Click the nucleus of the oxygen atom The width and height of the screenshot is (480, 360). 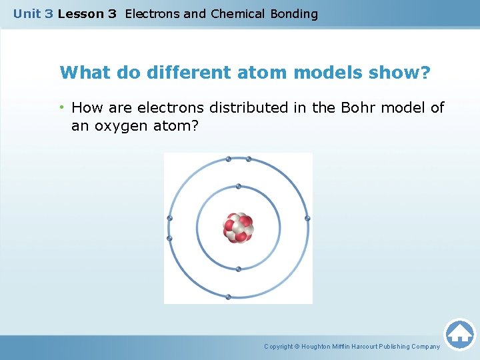238,227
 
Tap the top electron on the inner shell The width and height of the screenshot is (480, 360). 238,186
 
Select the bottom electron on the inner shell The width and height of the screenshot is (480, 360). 238,269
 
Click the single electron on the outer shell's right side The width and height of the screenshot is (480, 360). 307,218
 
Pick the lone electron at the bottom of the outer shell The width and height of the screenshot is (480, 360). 229,297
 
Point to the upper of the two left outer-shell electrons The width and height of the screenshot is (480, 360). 169,218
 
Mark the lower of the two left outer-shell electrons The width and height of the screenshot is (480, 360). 169,238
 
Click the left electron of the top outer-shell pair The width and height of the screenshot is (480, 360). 229,159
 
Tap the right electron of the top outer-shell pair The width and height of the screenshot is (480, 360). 249,159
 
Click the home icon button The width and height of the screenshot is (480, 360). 459,333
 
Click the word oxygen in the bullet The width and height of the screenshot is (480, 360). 117,125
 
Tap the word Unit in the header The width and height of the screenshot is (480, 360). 27,13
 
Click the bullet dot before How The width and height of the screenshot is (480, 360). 63,107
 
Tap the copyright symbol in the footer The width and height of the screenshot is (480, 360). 297,347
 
